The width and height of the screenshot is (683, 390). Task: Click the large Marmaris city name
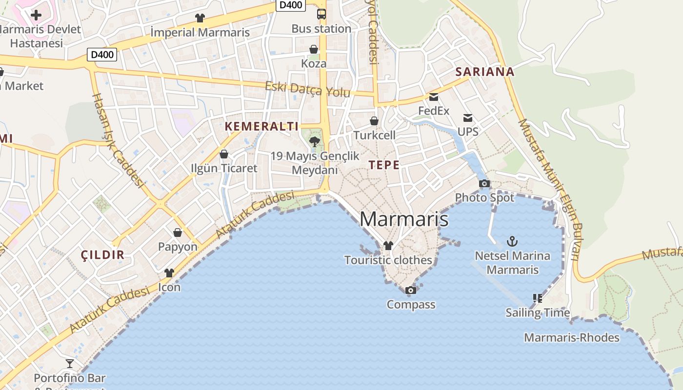pos(404,219)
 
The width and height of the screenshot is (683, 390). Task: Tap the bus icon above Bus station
pos(321,14)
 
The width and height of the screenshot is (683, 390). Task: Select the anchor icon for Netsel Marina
pos(512,241)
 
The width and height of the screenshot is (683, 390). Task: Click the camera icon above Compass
pos(411,291)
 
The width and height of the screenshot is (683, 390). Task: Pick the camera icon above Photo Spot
pos(484,183)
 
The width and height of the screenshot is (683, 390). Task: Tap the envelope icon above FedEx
pos(434,97)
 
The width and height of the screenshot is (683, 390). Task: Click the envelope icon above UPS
pos(468,117)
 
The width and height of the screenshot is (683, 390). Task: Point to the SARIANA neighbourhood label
pos(484,72)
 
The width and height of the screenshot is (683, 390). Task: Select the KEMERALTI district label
pos(261,126)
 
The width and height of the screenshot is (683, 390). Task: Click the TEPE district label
pos(384,165)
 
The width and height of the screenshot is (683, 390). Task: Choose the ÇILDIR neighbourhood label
pos(102,254)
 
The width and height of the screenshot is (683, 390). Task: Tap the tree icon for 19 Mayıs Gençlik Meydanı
pos(315,142)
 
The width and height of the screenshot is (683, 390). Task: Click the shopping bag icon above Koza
pos(314,49)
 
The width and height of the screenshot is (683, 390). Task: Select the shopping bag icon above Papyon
pos(178,233)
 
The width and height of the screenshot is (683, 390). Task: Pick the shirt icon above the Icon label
pos(169,273)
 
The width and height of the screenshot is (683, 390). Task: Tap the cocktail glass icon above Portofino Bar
pos(70,364)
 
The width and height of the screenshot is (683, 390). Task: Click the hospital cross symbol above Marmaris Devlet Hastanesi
pos(36,15)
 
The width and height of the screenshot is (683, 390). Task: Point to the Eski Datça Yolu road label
pos(307,90)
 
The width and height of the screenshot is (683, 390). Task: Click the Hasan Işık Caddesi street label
pos(119,140)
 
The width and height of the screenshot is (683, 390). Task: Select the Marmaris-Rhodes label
pos(572,337)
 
